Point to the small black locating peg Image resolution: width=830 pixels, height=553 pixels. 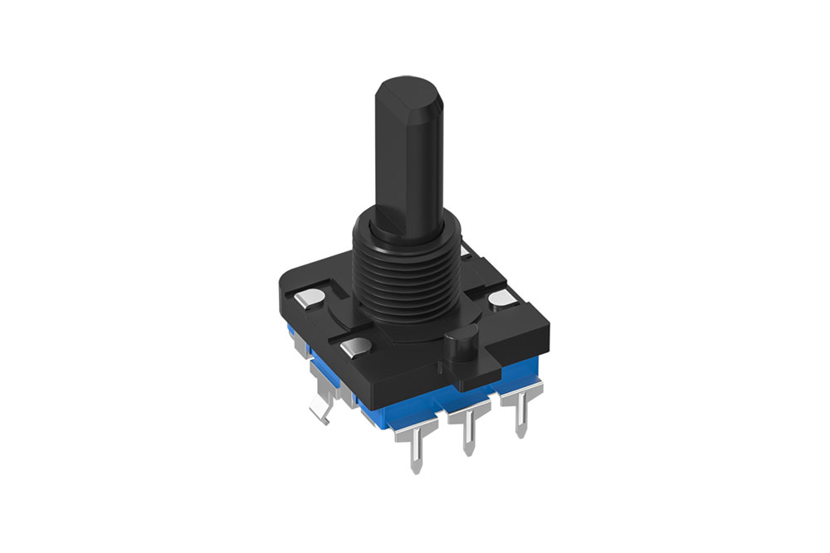465,340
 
